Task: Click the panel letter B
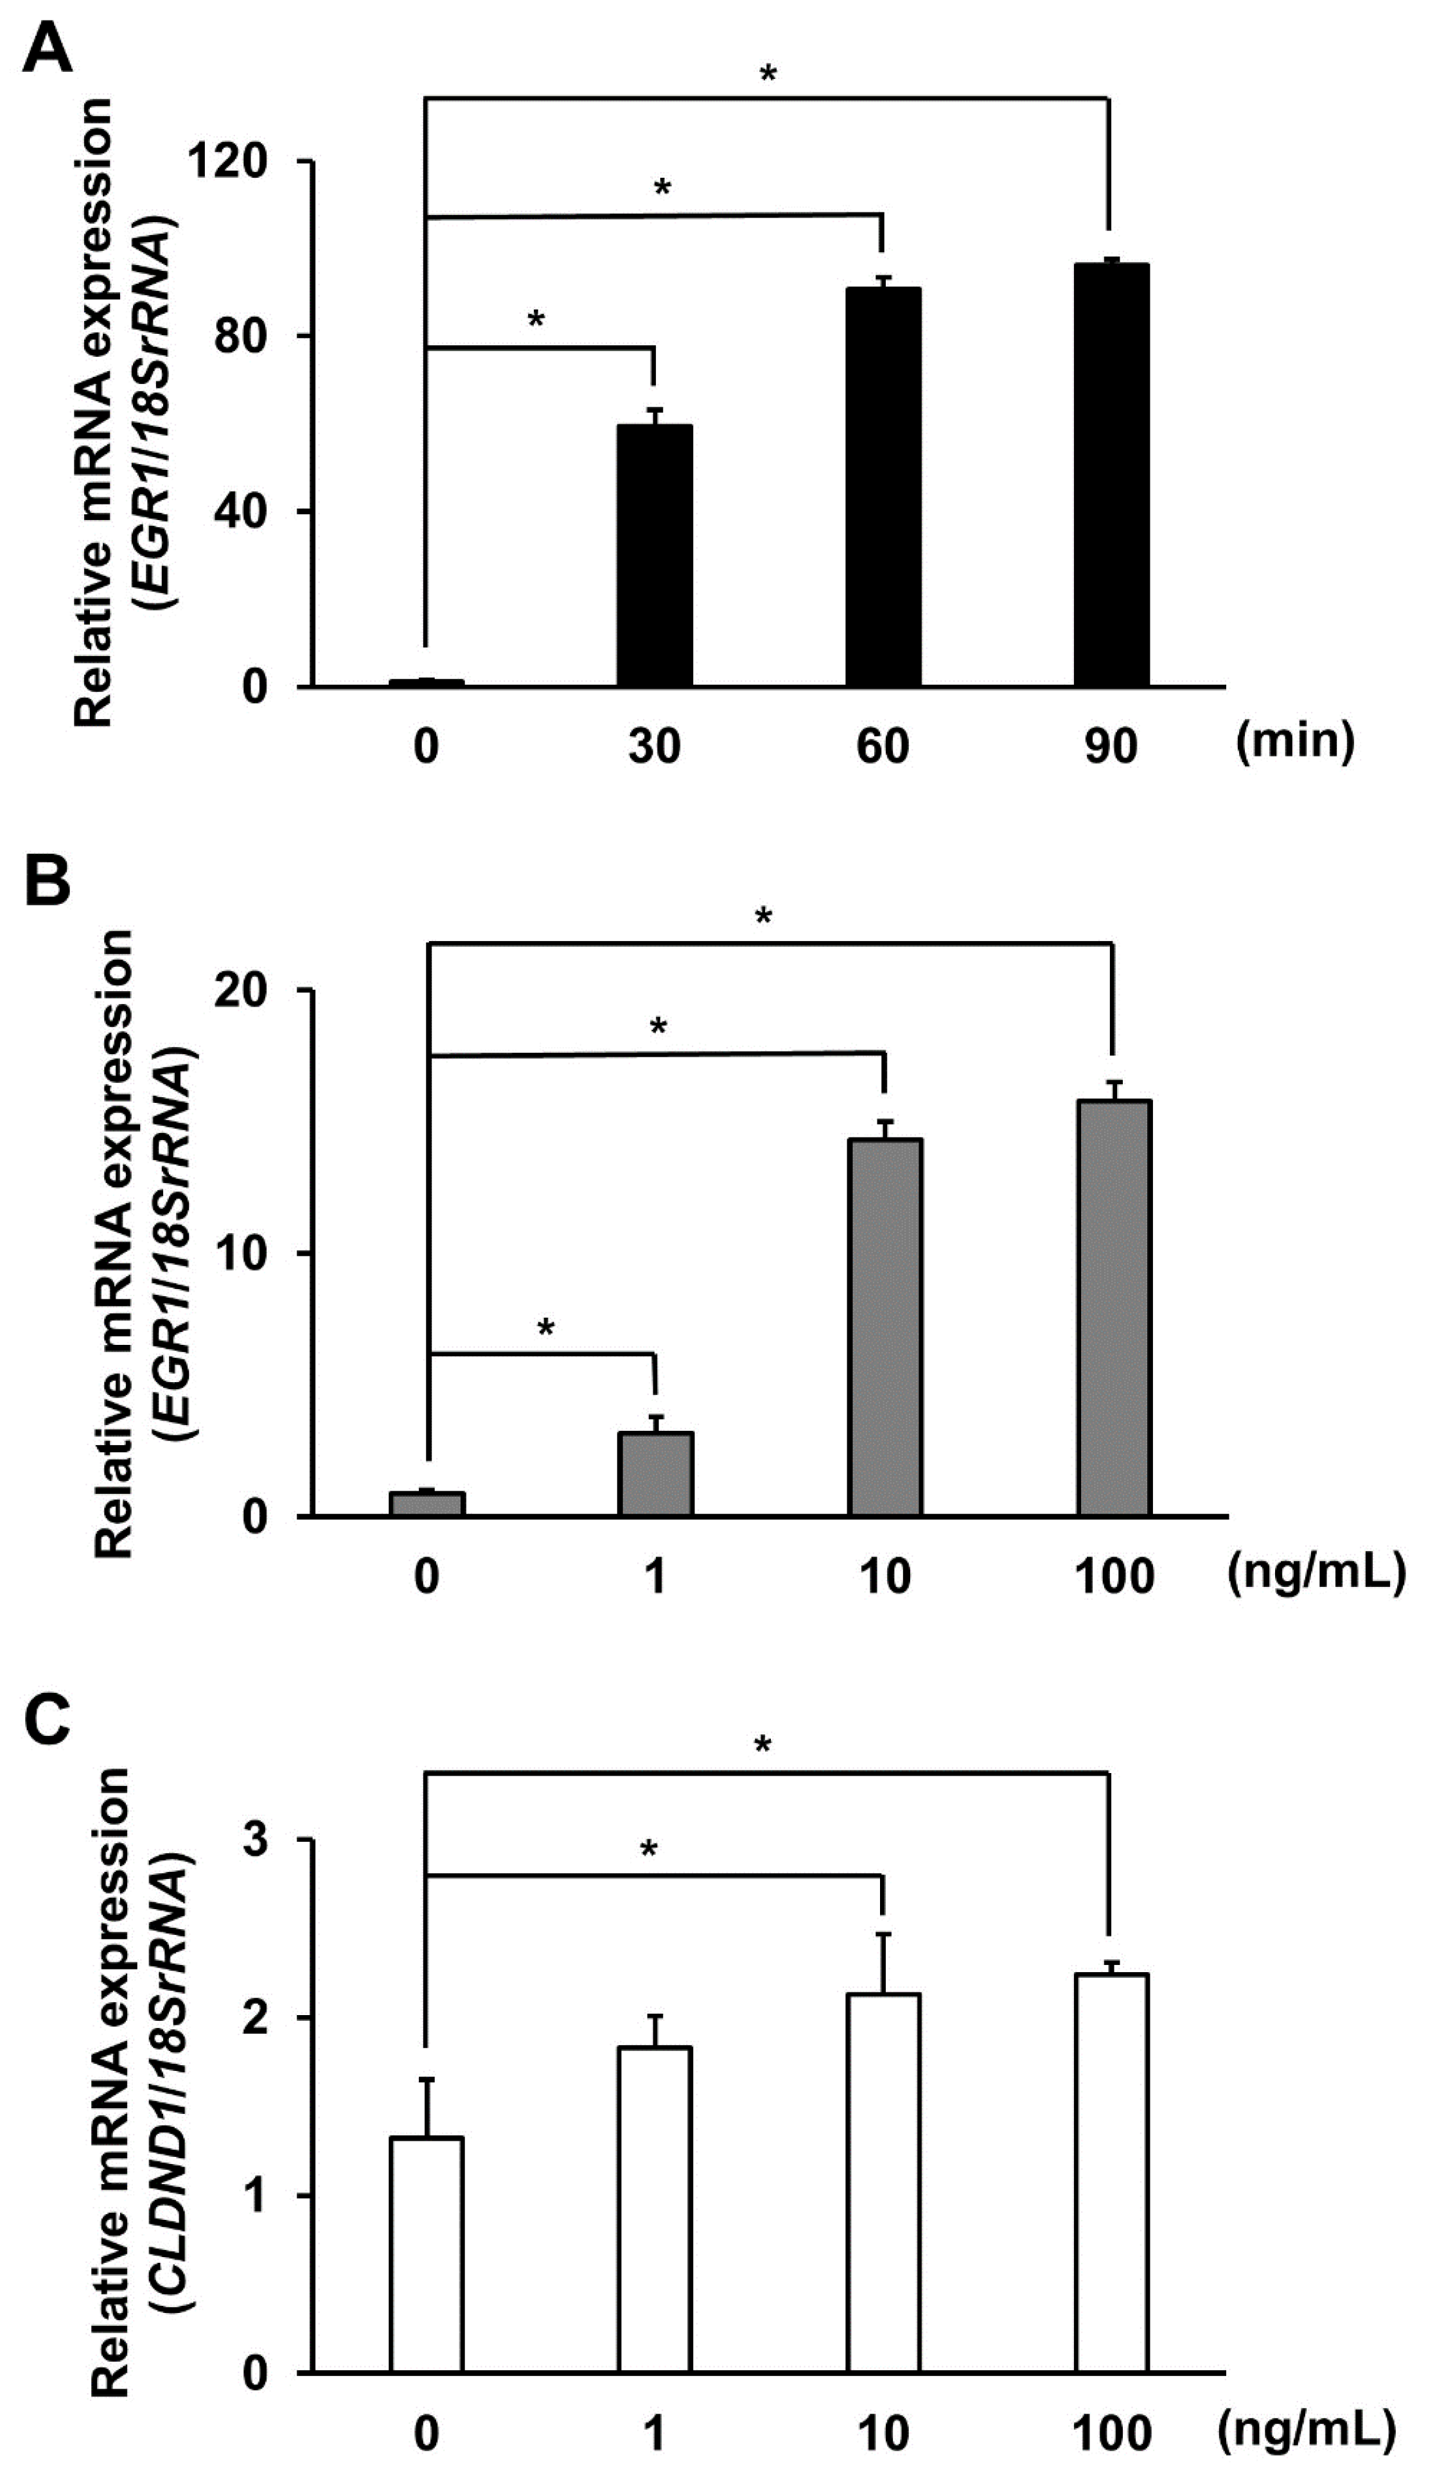pyautogui.click(x=47, y=882)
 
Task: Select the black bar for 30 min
pyautogui.click(x=655, y=555)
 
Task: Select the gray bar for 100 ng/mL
pyautogui.click(x=1114, y=1308)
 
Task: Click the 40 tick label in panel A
pyautogui.click(x=241, y=511)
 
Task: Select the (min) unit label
pyautogui.click(x=1294, y=739)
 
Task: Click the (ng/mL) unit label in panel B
pyautogui.click(x=1316, y=1573)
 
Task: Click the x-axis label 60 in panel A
pyautogui.click(x=883, y=747)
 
